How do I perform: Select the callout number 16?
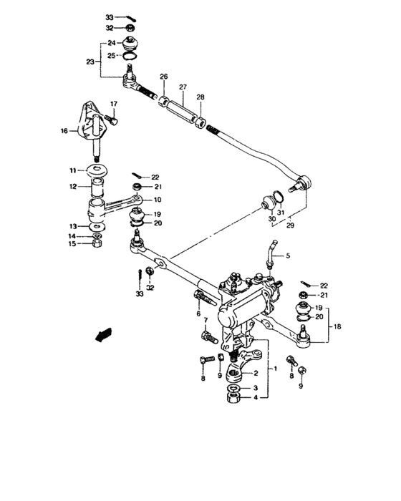point(65,131)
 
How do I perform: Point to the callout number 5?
point(290,256)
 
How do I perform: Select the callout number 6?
point(198,313)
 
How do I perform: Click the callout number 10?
point(158,200)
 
